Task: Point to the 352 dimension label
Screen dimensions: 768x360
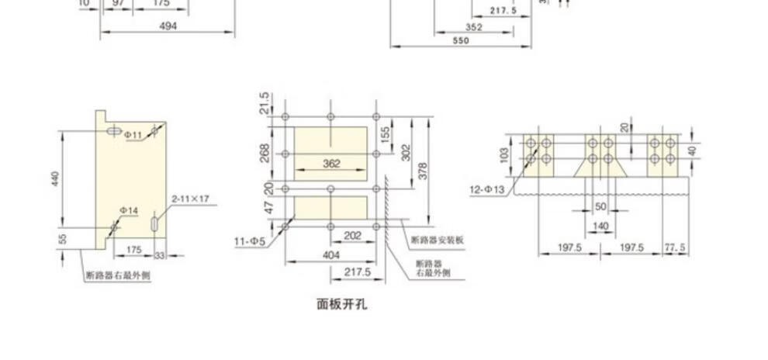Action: (x=474, y=27)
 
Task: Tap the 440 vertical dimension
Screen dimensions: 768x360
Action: (x=55, y=179)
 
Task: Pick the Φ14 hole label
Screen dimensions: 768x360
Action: (x=129, y=210)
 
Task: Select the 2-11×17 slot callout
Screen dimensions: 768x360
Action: (x=190, y=199)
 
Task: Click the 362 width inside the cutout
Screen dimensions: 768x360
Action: (x=331, y=164)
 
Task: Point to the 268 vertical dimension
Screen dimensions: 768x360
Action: (x=265, y=152)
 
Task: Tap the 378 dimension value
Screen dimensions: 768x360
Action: (x=423, y=171)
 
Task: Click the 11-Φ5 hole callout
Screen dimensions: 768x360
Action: (x=251, y=241)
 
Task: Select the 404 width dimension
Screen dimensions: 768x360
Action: (x=331, y=254)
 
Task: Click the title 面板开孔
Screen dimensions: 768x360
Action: (x=342, y=304)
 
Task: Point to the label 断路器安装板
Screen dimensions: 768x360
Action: (x=437, y=240)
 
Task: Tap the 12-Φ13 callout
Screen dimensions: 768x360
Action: (x=487, y=189)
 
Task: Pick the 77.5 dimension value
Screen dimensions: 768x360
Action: (x=675, y=247)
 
